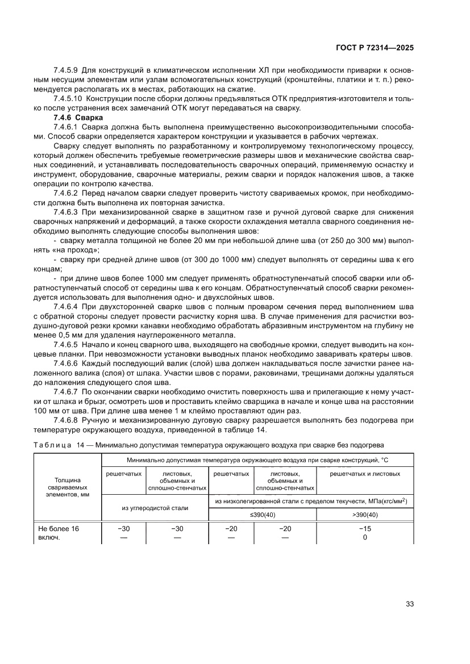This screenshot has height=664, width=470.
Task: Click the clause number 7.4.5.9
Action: (66, 70)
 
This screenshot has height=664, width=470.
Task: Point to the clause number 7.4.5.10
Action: (68, 99)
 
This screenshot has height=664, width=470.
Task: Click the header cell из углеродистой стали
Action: (155, 507)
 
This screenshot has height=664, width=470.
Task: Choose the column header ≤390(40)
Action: (262, 515)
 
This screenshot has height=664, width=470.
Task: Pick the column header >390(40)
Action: (364, 515)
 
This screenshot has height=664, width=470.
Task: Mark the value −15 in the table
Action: (364, 528)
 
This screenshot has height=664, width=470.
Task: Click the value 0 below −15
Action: (364, 537)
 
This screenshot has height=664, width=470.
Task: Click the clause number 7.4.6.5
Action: (66, 344)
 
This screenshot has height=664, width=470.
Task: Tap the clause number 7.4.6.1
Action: (66, 127)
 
